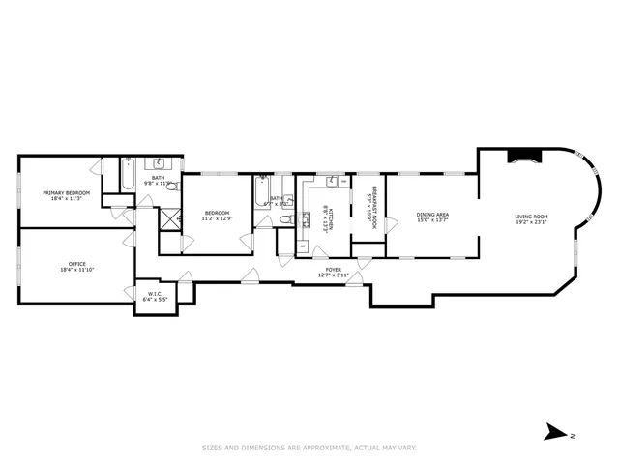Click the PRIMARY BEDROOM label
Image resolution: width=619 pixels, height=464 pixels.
pos(66,192)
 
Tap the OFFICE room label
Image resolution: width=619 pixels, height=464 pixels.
pos(77,264)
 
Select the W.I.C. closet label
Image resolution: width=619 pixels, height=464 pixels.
pos(154,293)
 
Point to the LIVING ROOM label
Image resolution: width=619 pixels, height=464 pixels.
pos(531,217)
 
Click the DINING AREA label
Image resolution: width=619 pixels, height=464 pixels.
pos(432,215)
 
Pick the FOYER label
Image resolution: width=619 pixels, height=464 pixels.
pos(333,270)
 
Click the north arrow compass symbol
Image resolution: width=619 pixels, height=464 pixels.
pos(554,432)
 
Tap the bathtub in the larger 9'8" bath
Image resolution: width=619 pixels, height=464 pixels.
pos(128,176)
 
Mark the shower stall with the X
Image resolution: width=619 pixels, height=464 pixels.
pos(170,218)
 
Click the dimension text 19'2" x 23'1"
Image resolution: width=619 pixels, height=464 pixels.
pos(531,223)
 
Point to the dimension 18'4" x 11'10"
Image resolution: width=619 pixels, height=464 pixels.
pos(77,271)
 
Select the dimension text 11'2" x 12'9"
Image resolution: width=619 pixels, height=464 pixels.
pos(217,218)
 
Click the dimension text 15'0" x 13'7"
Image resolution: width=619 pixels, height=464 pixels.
pos(432,220)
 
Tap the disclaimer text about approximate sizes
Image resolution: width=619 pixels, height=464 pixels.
pos(309,448)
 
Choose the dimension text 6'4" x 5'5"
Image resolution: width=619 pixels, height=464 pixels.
pos(154,300)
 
